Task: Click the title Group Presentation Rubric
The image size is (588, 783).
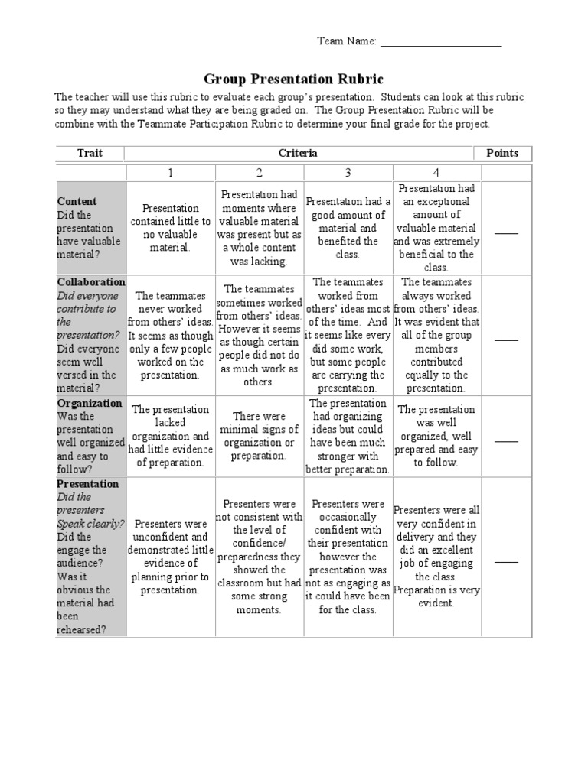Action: click(294, 79)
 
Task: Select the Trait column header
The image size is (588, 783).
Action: click(90, 153)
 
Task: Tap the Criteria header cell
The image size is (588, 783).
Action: click(298, 153)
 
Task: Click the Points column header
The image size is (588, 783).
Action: click(502, 153)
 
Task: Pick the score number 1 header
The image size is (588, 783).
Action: click(171, 173)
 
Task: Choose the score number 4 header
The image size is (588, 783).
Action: click(436, 173)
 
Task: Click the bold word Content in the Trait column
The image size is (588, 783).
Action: click(77, 201)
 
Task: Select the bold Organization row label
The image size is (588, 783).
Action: click(90, 403)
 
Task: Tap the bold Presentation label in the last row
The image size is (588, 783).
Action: click(88, 484)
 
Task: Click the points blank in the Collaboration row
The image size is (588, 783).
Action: click(506, 338)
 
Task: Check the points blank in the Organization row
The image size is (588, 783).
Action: click(506, 440)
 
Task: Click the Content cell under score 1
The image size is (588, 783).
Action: click(171, 228)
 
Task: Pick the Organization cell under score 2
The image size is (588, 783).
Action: click(259, 436)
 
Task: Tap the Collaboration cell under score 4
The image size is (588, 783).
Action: click(436, 335)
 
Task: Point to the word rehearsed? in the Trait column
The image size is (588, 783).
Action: click(80, 629)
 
